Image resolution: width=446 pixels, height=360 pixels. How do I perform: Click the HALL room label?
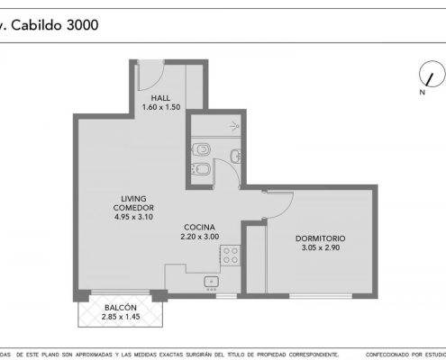point(160,98)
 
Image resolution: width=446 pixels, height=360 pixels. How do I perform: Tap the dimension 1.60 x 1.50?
point(161,107)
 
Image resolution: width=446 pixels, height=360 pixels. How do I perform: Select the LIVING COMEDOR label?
point(133,203)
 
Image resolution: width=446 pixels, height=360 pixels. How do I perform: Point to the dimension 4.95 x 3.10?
point(133,217)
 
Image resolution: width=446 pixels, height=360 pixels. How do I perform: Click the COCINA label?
point(199,227)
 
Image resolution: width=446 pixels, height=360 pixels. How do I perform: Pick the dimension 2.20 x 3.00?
point(199,237)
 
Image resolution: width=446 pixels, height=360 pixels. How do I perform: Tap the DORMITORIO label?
point(321,238)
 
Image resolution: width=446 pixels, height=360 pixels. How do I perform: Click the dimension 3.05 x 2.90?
point(321,247)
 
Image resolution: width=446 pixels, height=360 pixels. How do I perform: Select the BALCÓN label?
point(121,308)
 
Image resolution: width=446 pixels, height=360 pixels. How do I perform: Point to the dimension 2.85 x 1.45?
point(121,317)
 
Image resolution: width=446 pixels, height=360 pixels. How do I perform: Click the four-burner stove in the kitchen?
point(231,256)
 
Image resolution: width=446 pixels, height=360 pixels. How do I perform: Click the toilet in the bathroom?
point(201,149)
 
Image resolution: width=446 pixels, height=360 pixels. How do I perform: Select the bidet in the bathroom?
point(201,169)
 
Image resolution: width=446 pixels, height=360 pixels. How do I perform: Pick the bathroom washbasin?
point(236,156)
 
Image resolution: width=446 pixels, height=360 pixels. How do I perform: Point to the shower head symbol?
point(234,126)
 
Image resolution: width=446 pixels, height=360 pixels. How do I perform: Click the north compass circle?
point(432,74)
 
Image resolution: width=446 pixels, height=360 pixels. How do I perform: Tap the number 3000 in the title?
point(82,24)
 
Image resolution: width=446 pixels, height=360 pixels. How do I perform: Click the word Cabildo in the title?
point(36,24)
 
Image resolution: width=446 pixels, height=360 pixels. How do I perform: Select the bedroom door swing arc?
point(286,210)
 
